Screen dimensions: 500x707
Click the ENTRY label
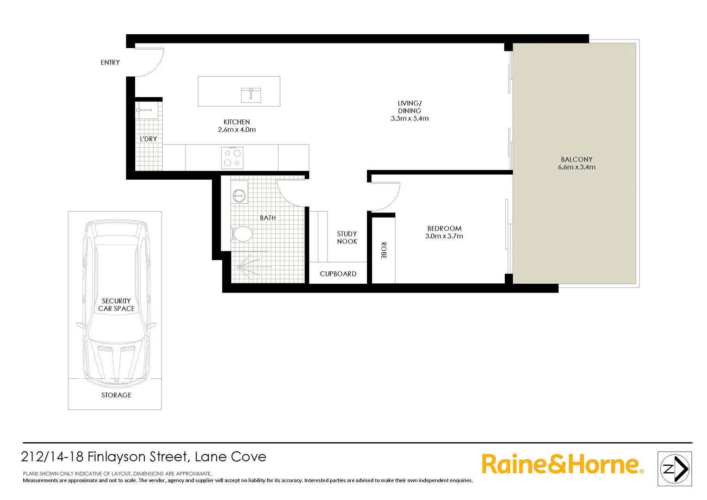(110, 62)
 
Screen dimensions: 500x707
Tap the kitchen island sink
(251, 94)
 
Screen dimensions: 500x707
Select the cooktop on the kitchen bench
(232, 157)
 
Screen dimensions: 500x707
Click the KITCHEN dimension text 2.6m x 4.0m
(237, 130)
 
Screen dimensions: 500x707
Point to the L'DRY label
(149, 139)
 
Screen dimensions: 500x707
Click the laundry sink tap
(144, 110)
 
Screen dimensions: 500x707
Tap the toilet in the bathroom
(242, 234)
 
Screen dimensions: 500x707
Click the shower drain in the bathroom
(239, 267)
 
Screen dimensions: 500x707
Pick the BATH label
(268, 218)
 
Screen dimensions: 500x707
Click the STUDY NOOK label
(347, 237)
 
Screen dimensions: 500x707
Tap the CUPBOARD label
(338, 274)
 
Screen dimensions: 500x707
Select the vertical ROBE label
(384, 250)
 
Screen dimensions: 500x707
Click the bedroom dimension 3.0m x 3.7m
(444, 236)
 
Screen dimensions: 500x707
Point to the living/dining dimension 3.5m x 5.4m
(409, 119)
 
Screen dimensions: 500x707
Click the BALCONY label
(577, 159)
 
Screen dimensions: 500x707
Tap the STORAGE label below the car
(116, 395)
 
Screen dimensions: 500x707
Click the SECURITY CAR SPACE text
(116, 305)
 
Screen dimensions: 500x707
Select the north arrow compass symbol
(675, 469)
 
